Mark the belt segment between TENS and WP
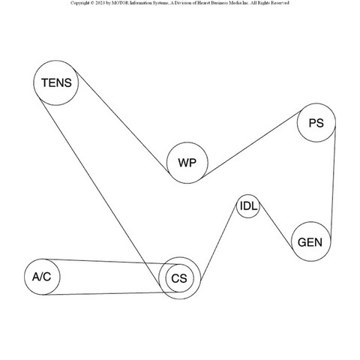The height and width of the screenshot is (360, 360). pos(122,121)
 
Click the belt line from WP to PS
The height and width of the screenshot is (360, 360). pos(251,144)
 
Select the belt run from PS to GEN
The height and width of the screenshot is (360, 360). pos(333,182)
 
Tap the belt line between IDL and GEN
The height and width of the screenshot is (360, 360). pos(276,226)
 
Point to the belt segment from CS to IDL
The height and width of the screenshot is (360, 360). pos(218,242)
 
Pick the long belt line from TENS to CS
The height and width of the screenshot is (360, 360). pos(100,192)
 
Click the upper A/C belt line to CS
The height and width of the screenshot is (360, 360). pos(112,262)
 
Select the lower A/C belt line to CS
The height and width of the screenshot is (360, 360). pos(112,293)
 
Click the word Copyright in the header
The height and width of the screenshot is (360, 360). pos(79,3)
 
